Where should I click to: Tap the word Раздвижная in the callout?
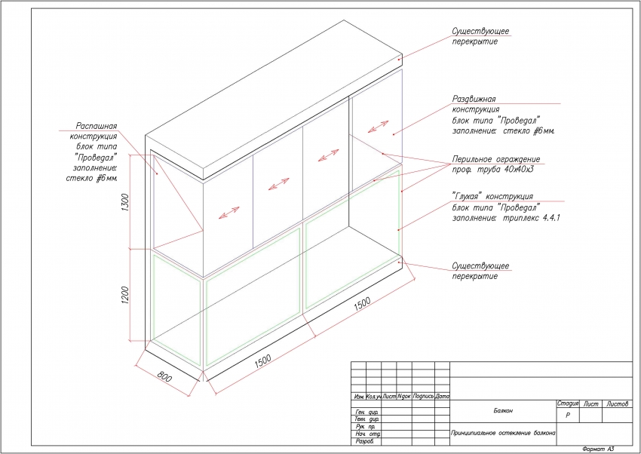point(473,100)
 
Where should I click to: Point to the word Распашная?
point(96,126)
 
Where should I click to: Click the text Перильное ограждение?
point(495,160)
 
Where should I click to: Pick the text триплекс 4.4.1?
point(527,217)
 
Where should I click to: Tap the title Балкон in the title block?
point(503,411)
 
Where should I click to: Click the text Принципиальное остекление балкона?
point(503,434)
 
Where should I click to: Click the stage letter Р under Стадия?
point(567,416)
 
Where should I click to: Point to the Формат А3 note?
point(599,448)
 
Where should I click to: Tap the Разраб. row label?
point(364,442)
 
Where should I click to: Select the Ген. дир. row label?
point(366,412)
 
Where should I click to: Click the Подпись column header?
point(422,397)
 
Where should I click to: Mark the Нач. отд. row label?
point(367,434)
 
